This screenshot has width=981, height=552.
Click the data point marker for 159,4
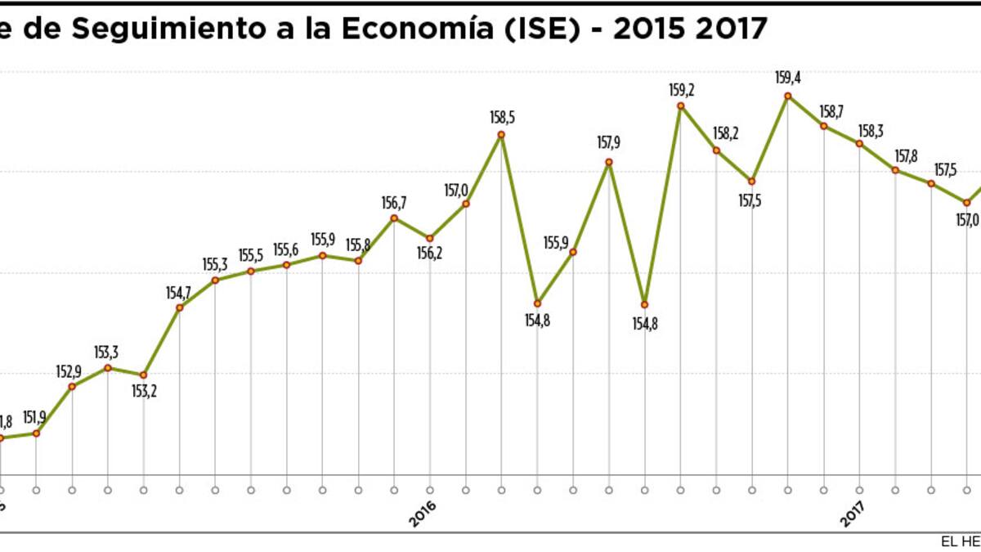coord(787,96)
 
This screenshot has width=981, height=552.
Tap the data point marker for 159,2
coord(680,105)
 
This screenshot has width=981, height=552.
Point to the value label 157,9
coord(609,143)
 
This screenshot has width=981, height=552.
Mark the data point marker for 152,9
coord(73,386)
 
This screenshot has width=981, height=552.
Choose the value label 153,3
coord(107,352)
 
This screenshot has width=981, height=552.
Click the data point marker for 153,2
coord(144,375)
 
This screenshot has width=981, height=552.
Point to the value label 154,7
coord(178,292)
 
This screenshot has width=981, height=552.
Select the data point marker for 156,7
coord(394,218)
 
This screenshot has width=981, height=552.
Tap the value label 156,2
coord(429,254)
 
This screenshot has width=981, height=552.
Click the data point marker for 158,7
coord(824,126)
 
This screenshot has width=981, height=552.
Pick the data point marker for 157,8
coord(895,170)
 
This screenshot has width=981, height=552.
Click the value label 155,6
coord(286,249)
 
